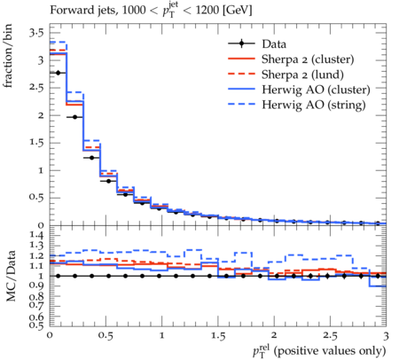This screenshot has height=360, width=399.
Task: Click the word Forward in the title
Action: [x=68, y=10]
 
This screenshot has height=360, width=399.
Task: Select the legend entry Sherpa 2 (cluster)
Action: [x=308, y=59]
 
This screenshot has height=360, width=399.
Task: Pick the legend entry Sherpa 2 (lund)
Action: [x=302, y=74]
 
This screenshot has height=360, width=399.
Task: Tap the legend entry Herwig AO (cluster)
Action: [x=316, y=90]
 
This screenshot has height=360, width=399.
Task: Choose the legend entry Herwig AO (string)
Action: [x=314, y=105]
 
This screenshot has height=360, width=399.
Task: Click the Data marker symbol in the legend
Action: [x=241, y=43]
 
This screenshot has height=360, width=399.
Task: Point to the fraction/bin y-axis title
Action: [x=8, y=56]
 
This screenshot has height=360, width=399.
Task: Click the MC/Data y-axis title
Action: [x=11, y=276]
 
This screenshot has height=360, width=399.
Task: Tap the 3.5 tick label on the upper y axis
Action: [x=36, y=33]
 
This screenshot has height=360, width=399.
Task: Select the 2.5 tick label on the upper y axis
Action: [x=36, y=88]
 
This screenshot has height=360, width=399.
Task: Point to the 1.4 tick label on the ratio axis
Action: [x=36, y=235]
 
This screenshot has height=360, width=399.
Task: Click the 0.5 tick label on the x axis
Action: [x=106, y=336]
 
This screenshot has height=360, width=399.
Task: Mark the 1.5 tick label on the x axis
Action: [x=218, y=336]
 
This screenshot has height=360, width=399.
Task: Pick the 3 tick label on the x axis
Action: [x=386, y=336]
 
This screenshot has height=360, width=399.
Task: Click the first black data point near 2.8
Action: [x=58, y=73]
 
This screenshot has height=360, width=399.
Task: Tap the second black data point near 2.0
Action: [x=74, y=117]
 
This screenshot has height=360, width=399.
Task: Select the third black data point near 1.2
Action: [x=91, y=158]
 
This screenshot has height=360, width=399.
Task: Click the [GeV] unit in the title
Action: [x=238, y=11]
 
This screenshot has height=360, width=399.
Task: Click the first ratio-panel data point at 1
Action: [x=58, y=276]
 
